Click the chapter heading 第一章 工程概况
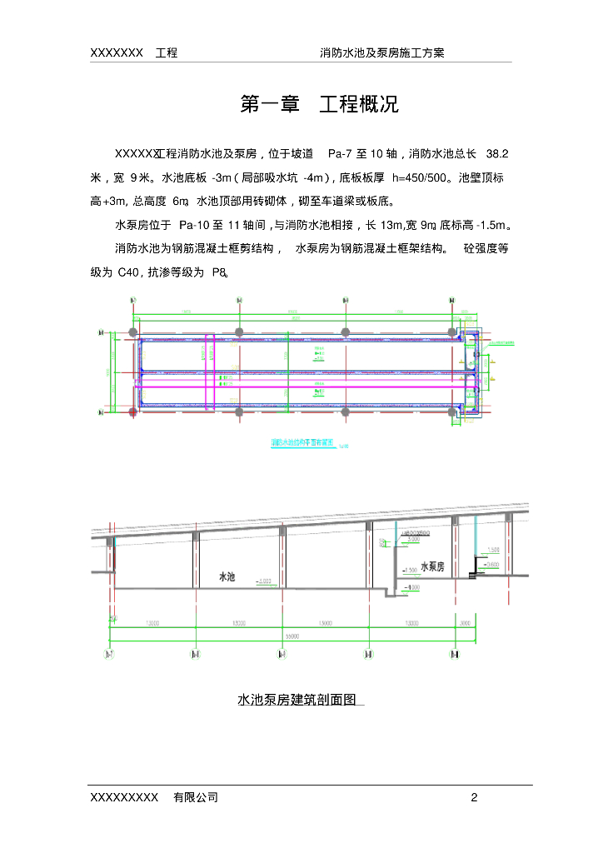point(319,105)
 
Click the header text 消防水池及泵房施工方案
point(382,52)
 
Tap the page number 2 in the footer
point(474,797)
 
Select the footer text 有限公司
point(196,797)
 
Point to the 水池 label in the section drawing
point(227,576)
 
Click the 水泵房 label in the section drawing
point(432,566)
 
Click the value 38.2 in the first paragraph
point(496,153)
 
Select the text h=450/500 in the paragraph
point(420,177)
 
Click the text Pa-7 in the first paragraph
point(342,153)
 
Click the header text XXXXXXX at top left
point(117,52)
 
